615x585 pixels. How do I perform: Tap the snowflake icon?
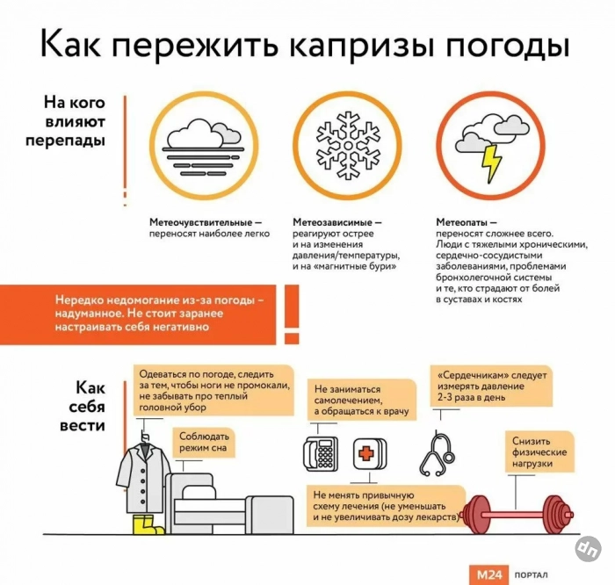(x=348, y=145)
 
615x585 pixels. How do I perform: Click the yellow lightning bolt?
(x=491, y=163)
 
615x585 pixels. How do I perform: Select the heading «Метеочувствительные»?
(x=201, y=222)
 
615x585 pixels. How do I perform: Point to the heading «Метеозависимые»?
(x=333, y=222)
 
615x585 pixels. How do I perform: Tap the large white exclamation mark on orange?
(x=292, y=314)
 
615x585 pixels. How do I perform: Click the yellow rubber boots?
(x=148, y=525)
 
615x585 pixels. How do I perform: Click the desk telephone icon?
(x=321, y=453)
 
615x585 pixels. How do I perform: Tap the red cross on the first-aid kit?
(x=366, y=454)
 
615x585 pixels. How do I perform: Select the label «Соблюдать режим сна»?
(x=204, y=442)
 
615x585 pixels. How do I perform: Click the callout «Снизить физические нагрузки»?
(x=539, y=452)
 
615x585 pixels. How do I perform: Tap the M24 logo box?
(x=488, y=574)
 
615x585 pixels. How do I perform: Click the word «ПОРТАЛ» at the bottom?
(x=531, y=575)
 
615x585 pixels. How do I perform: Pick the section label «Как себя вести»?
(x=83, y=407)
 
